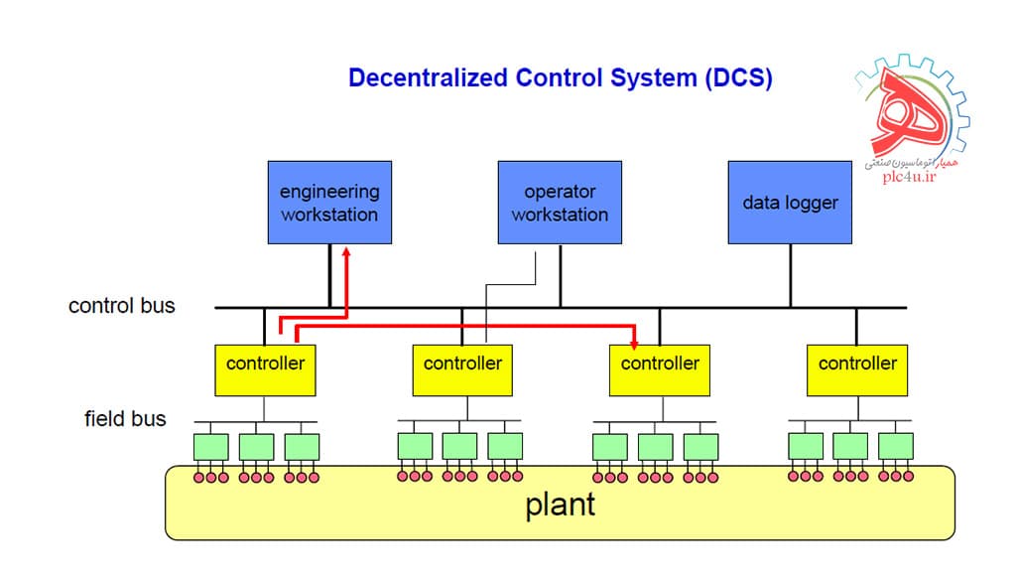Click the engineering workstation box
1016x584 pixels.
click(329, 203)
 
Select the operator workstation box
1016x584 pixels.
click(560, 203)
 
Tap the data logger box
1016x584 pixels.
click(790, 203)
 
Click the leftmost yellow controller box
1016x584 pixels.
click(265, 368)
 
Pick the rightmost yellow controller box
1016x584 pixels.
click(856, 368)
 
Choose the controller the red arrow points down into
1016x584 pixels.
click(660, 368)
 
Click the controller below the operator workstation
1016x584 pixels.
click(462, 368)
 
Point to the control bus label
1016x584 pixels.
click(121, 306)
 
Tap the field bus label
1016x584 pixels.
click(125, 419)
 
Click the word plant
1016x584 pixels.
click(560, 505)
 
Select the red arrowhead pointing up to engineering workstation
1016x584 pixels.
click(346, 253)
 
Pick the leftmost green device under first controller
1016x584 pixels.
click(210, 446)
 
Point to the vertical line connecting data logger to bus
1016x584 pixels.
click(790, 275)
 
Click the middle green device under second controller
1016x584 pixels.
click(459, 446)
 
